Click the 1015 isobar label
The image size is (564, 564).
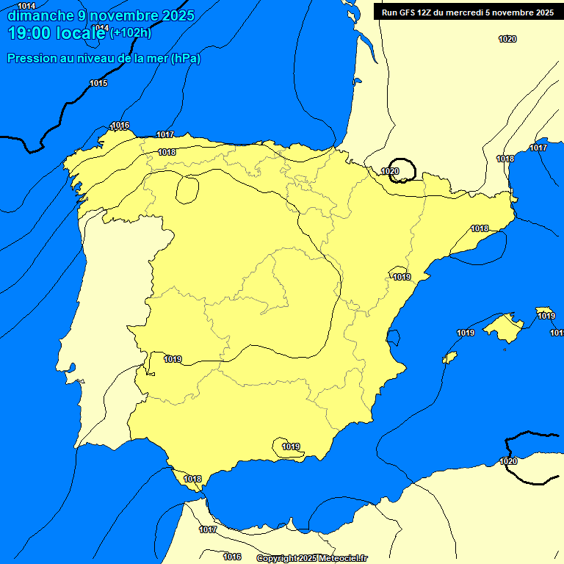point(98,83)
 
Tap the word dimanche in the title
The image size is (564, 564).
point(40,15)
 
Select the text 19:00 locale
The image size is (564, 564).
point(57,33)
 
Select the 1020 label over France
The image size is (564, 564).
point(507,39)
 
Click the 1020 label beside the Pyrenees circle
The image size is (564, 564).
point(390,171)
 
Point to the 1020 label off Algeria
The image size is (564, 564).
point(508,461)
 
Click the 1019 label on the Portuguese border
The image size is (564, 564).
point(173,359)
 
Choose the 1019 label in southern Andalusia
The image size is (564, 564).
point(291,446)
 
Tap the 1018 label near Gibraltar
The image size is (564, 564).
point(192,479)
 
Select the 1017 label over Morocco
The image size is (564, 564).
point(208,529)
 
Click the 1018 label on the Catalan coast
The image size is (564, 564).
point(480,228)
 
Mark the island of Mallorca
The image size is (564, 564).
point(504,325)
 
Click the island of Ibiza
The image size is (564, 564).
point(450,357)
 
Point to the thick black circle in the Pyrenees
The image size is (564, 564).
point(402,169)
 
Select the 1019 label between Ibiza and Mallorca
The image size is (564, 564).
point(466,333)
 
